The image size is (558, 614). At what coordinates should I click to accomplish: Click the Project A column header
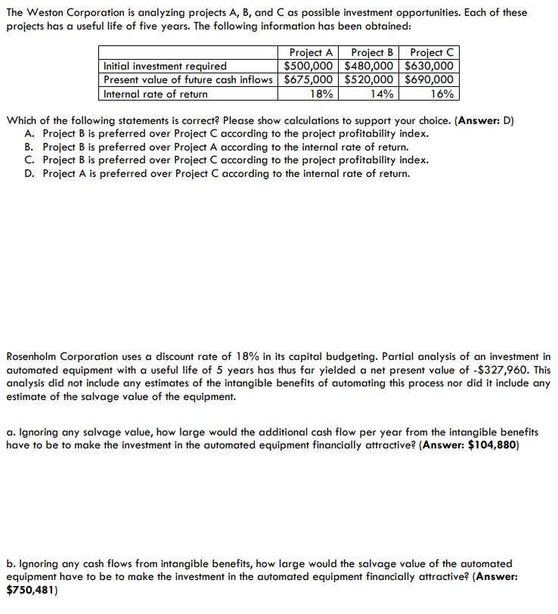click(x=311, y=52)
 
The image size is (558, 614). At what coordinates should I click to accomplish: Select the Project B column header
click(x=373, y=52)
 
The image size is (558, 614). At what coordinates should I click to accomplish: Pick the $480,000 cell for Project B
click(x=370, y=66)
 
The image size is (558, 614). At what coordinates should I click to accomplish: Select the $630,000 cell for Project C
click(x=429, y=66)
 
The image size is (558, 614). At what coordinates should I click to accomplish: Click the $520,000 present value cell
click(x=370, y=79)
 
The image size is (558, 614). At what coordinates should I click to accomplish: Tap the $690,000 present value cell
click(x=429, y=79)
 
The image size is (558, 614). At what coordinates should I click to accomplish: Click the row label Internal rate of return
click(x=156, y=94)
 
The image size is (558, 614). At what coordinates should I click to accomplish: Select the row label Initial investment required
click(x=165, y=66)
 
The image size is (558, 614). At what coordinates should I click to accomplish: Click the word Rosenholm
click(x=34, y=356)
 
